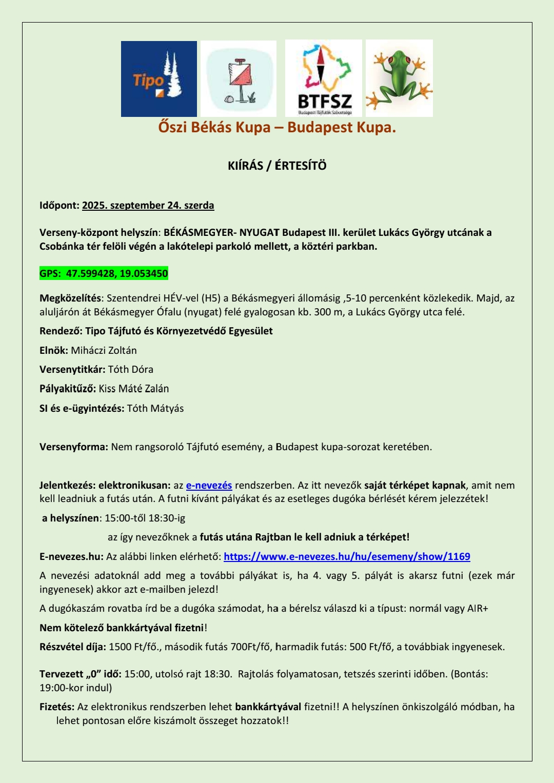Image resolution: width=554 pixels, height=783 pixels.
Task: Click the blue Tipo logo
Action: pos(159,79)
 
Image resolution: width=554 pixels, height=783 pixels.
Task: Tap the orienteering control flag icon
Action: pos(239,79)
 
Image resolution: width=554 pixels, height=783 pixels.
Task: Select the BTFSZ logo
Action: pos(324,78)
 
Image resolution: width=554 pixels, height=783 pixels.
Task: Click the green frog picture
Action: pos(399,78)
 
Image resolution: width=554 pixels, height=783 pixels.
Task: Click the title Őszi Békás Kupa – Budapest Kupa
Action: pos(277,127)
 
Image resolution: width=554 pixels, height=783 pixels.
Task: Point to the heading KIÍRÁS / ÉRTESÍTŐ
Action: pos(277,166)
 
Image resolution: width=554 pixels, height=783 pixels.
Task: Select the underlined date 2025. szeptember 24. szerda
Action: pos(148,206)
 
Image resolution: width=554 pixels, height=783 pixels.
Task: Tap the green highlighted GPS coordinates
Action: pos(104,273)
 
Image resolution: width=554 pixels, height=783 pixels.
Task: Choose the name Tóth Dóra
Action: pos(130,370)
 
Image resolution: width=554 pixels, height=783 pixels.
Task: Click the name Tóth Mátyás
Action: pos(155,409)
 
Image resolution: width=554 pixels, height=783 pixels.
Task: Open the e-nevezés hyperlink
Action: pos(209,485)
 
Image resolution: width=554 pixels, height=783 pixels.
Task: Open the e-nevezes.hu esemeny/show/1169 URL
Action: pos(347,556)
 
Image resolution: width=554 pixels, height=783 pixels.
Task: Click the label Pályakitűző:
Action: pos(68,389)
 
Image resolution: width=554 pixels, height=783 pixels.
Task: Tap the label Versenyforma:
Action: pos(74,447)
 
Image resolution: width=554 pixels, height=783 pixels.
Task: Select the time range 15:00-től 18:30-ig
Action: pos(141,518)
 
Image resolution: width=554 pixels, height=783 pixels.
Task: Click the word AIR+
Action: pos(477,609)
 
